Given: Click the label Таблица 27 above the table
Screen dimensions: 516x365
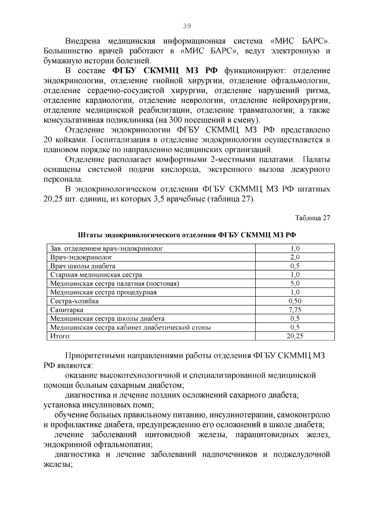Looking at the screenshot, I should point(312,218).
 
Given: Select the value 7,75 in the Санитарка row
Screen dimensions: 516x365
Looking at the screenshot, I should point(295,310).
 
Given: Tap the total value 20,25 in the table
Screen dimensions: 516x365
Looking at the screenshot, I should point(295,336).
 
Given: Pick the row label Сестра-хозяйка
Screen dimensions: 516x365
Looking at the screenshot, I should point(75,301).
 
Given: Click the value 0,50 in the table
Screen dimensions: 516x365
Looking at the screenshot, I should point(295,301).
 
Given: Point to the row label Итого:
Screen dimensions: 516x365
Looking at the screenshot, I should point(61,336).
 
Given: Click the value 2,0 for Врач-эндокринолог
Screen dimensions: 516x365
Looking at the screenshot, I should point(295,257).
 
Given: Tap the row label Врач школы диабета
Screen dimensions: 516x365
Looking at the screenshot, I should point(83,266).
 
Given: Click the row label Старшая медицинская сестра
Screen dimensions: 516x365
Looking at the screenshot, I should point(96,275).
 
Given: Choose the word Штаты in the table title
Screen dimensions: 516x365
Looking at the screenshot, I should point(90,235).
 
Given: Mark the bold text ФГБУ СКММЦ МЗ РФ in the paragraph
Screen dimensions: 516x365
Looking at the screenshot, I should point(165,71).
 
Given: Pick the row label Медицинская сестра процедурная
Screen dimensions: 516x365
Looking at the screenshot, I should point(103,292).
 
